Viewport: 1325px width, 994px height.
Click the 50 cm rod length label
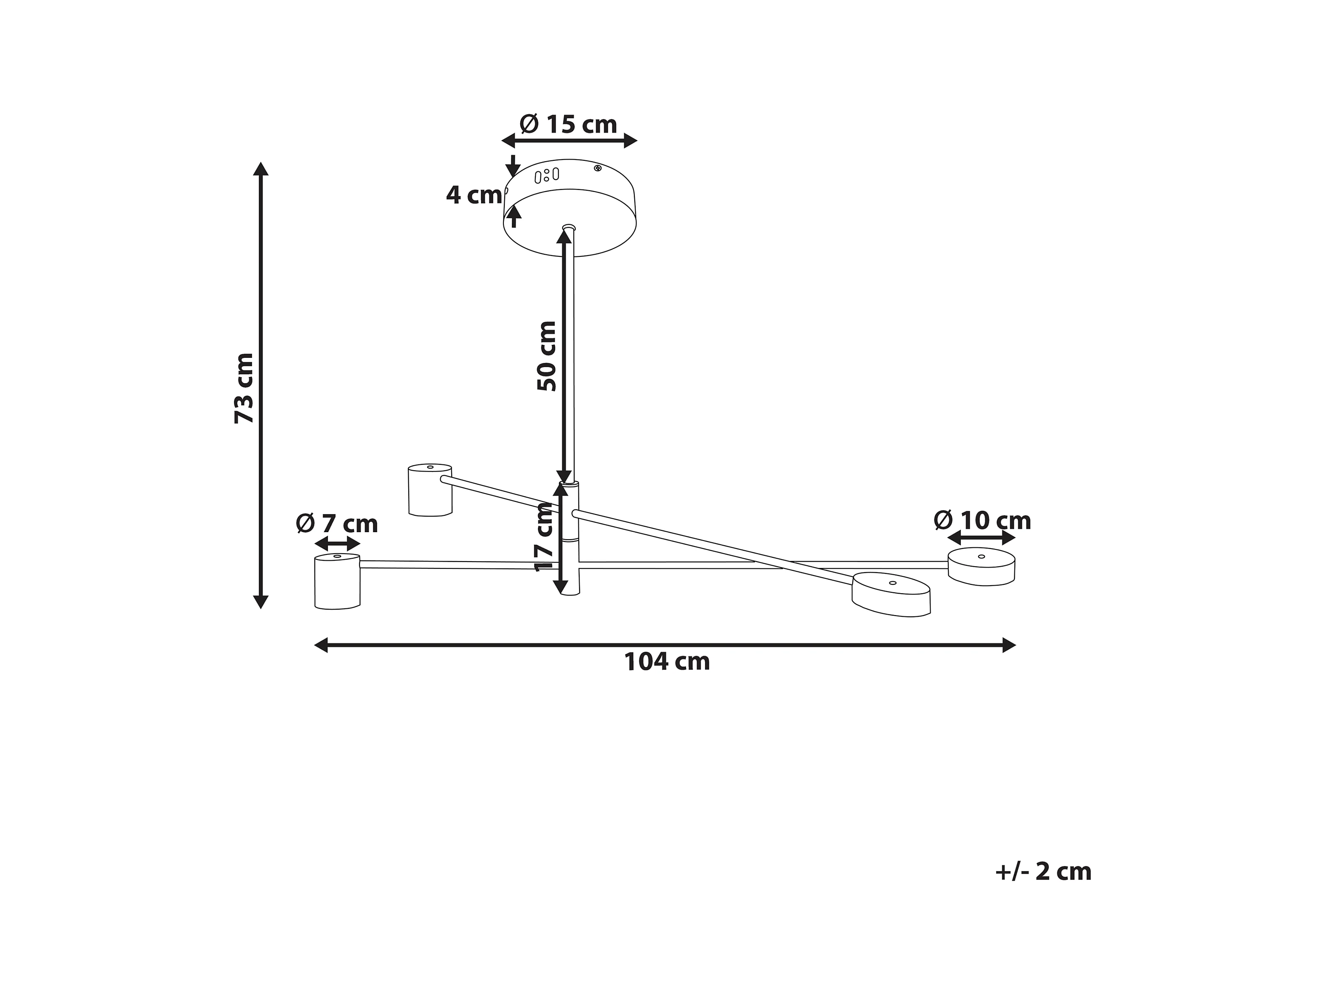[547, 356]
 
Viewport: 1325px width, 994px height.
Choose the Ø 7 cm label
[337, 524]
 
